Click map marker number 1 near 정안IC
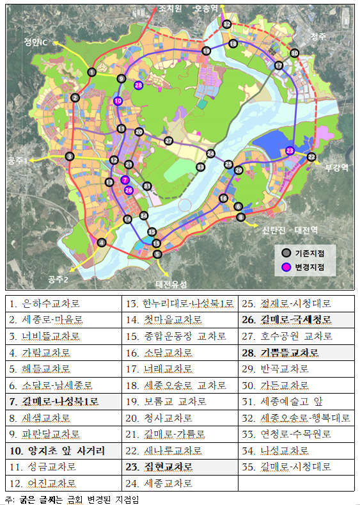92,72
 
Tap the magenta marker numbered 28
138,85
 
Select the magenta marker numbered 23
290,150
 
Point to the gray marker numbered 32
226,24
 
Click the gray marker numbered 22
311,157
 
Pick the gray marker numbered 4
101,242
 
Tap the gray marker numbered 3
70,156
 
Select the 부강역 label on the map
336,168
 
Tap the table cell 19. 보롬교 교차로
180,401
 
